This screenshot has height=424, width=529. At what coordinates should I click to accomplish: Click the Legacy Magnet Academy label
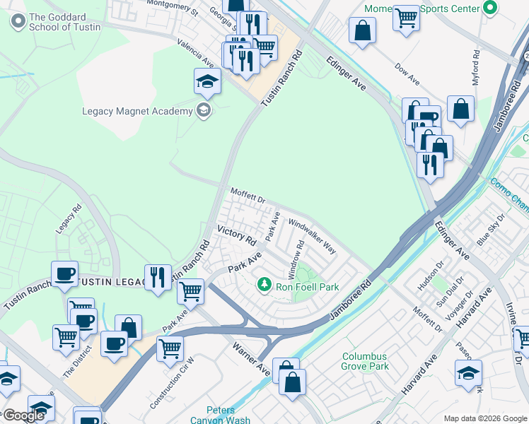(137, 111)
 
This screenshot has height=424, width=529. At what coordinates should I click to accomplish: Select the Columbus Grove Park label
(366, 361)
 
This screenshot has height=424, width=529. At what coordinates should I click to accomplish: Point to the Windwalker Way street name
(312, 236)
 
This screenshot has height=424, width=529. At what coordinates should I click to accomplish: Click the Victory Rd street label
(236, 235)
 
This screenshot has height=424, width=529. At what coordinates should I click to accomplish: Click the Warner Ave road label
(252, 359)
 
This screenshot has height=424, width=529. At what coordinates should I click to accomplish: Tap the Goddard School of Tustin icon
(18, 21)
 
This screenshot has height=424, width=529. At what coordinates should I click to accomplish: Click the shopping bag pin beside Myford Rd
(460, 110)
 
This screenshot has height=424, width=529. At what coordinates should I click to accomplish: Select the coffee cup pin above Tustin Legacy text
(65, 274)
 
